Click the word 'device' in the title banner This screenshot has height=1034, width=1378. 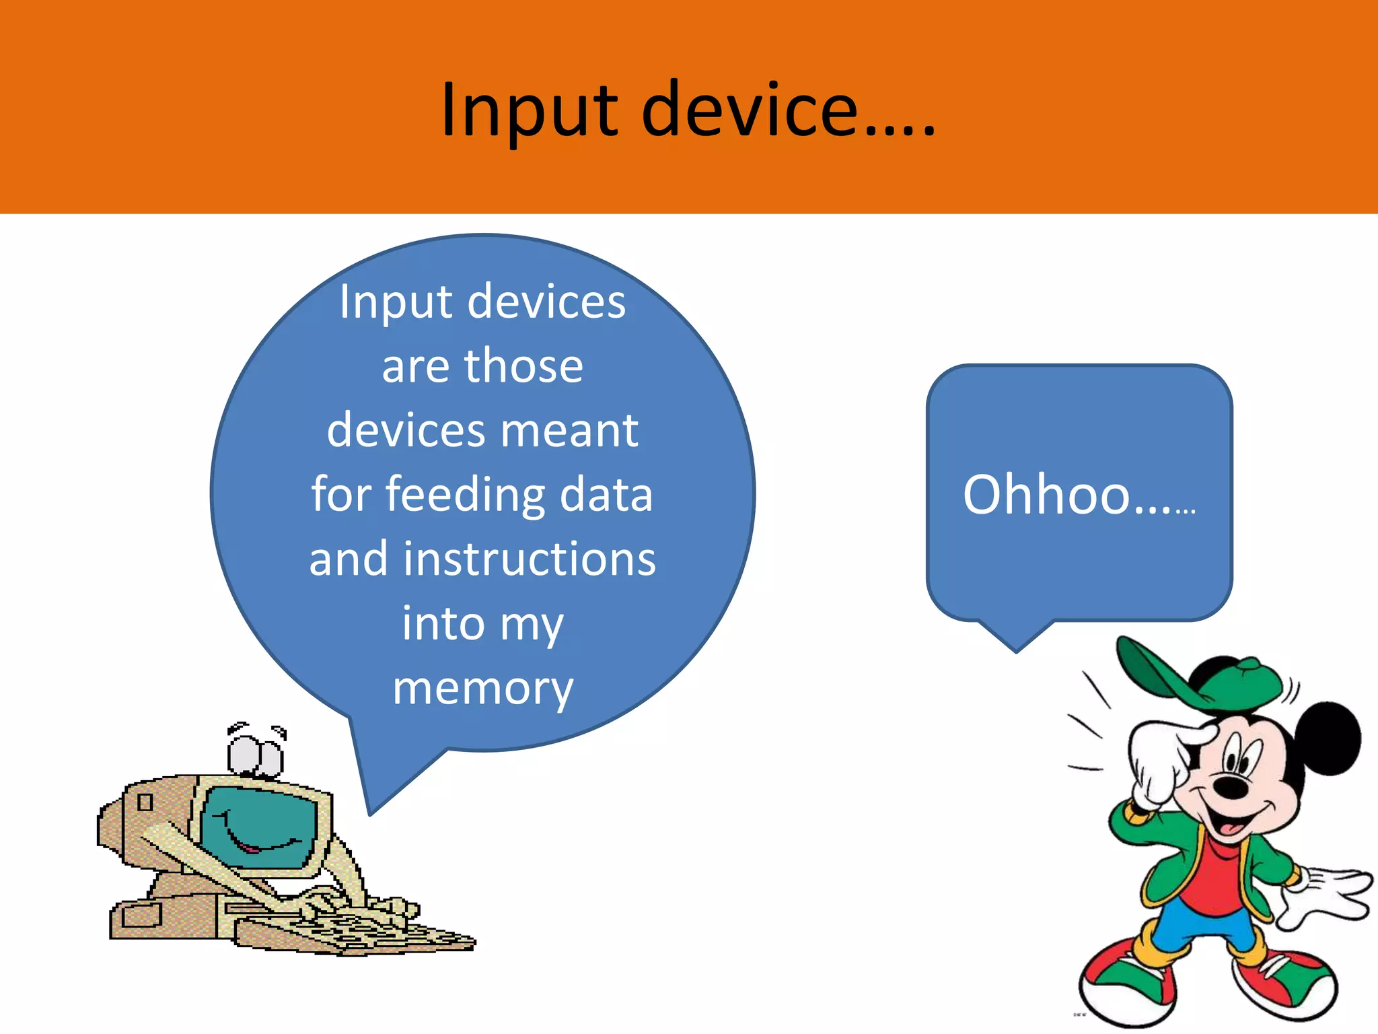click(750, 109)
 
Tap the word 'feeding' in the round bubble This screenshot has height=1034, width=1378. click(464, 495)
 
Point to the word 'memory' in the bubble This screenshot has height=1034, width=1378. click(482, 688)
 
